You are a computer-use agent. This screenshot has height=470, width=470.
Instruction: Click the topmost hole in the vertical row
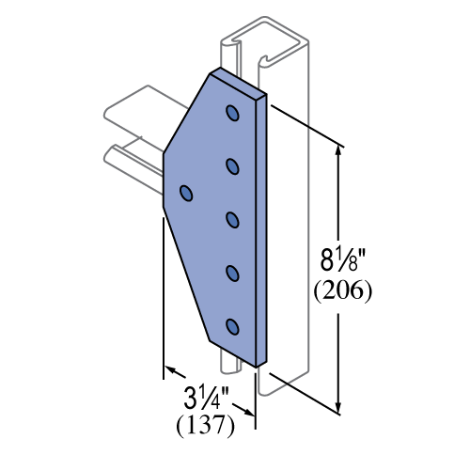[x=232, y=114]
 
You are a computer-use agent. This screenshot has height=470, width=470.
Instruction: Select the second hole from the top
[x=232, y=166]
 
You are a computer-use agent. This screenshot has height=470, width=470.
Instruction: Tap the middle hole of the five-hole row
[x=232, y=220]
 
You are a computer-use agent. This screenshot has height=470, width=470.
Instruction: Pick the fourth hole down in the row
[x=232, y=274]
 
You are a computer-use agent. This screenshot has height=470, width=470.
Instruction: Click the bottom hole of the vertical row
[x=232, y=327]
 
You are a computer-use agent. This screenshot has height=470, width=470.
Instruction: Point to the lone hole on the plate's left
[x=186, y=193]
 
